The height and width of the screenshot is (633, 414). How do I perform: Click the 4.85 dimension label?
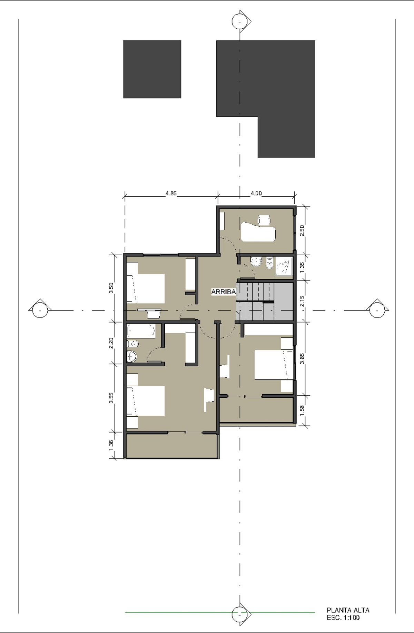click(171, 194)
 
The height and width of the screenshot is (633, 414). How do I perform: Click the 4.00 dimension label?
click(256, 194)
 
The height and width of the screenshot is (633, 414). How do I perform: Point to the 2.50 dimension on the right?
click(302, 230)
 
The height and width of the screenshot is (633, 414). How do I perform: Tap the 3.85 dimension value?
click(302, 358)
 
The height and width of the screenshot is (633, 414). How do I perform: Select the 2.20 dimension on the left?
click(111, 343)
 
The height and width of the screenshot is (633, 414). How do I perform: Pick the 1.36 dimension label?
click(111, 445)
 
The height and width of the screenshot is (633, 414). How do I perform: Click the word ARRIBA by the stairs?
click(224, 292)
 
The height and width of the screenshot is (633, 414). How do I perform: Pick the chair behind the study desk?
click(264, 220)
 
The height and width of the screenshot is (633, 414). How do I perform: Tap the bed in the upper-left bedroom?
click(145, 288)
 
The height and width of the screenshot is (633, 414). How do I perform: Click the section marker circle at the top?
click(239, 21)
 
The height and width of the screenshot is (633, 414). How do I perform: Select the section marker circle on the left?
click(40, 310)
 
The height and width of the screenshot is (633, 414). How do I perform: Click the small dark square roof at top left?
click(152, 69)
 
